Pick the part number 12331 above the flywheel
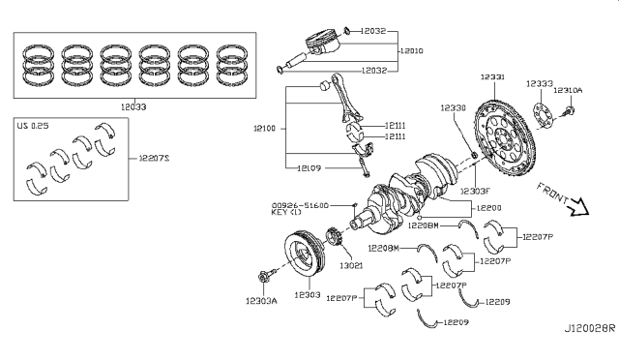497,75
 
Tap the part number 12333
541,84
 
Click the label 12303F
474,191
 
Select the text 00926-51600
301,206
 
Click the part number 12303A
261,301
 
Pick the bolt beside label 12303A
267,277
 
